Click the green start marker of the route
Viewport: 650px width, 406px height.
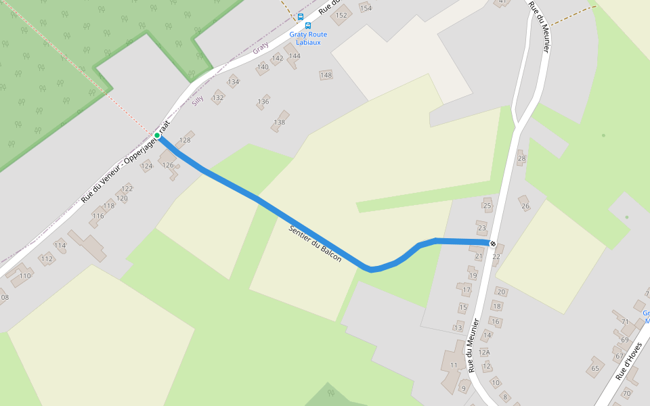(157, 136)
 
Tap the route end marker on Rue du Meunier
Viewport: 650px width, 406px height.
(493, 244)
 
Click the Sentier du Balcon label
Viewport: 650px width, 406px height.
(315, 244)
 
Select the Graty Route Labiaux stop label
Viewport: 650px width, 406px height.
(308, 38)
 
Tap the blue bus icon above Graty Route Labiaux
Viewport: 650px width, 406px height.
(309, 26)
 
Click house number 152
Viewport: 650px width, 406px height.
(341, 15)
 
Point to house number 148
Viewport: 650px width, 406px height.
(326, 75)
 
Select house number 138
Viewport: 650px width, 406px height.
(279, 122)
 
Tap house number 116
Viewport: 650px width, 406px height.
(98, 217)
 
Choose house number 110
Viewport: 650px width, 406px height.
(25, 276)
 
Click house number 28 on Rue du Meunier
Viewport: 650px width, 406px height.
(521, 160)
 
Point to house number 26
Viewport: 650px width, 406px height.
(525, 206)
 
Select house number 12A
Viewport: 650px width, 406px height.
(483, 353)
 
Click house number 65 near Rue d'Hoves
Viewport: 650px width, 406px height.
(595, 369)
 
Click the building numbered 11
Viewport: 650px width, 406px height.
(453, 365)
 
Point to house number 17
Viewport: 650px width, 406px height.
(467, 291)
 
